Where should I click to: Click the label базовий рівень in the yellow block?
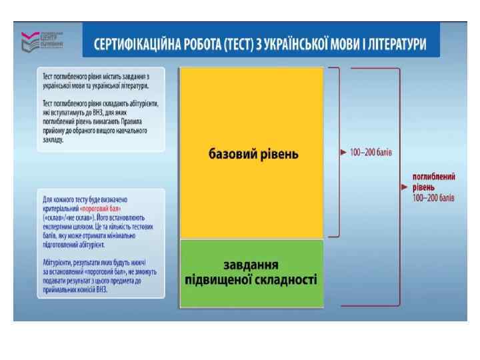pyautogui.click(x=252, y=154)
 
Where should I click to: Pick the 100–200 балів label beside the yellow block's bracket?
pyautogui.click(x=371, y=152)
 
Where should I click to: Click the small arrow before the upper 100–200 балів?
pyautogui.click(x=343, y=152)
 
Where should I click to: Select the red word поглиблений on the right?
pyautogui.click(x=434, y=177)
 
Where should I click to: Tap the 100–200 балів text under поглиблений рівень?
pyautogui.click(x=433, y=198)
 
